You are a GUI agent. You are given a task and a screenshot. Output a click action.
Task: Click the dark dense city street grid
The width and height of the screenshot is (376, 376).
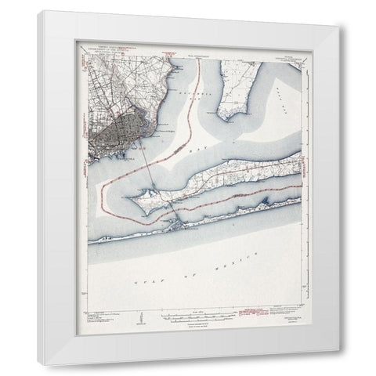(114, 126)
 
